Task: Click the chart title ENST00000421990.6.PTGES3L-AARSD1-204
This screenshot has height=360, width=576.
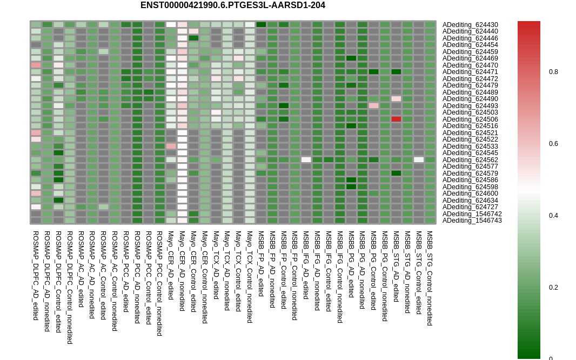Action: click(232, 5)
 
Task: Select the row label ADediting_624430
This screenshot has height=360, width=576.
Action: click(470, 25)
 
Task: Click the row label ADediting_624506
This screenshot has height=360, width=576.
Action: click(470, 119)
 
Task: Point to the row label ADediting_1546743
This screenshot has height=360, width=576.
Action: click(472, 221)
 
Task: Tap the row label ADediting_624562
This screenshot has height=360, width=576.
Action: click(470, 160)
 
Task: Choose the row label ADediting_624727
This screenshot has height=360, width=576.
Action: click(470, 207)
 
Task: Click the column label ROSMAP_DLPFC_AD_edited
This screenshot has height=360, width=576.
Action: click(36, 276)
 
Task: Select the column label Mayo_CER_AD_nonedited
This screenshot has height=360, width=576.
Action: click(182, 271)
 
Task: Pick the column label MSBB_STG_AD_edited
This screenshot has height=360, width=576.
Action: click(396, 266)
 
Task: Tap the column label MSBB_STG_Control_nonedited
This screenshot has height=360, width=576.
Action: click(430, 278)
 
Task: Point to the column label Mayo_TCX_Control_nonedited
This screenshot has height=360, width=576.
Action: click(250, 277)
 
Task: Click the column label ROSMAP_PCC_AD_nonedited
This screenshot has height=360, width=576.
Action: click(137, 277)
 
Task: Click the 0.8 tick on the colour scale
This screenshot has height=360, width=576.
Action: click(553, 72)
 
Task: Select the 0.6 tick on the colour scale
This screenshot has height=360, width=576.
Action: click(553, 144)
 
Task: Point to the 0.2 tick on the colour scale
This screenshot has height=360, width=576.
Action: click(553, 288)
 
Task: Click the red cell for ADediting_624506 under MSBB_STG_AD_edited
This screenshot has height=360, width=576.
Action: click(397, 119)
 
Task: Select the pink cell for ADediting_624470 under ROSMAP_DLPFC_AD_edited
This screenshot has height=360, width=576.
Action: click(36, 65)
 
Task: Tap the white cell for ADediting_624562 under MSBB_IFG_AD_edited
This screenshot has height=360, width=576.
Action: click(306, 160)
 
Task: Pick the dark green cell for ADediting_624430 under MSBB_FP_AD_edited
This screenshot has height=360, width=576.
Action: click(261, 25)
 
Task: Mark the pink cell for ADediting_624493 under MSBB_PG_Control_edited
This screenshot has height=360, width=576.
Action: click(373, 106)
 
